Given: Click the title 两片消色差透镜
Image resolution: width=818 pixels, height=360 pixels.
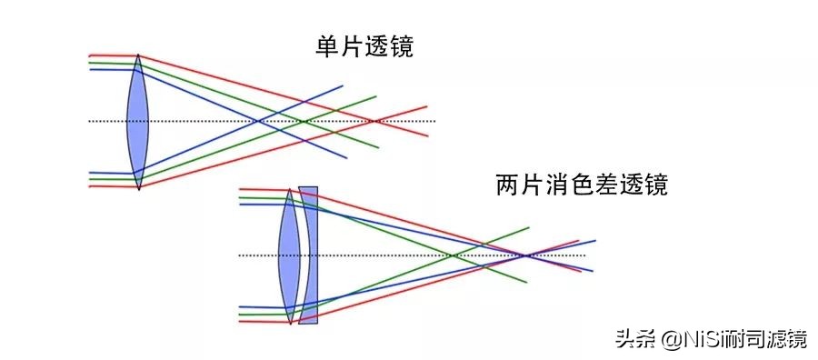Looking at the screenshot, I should point(582,185).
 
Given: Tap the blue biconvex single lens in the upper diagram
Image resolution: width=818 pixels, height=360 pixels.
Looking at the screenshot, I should point(137,122).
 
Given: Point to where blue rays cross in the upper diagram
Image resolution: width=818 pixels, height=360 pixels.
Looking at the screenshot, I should point(258,121).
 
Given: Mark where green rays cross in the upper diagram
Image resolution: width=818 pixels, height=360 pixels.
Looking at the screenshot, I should point(304,121).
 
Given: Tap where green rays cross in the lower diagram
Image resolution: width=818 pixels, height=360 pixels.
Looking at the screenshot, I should point(452,255).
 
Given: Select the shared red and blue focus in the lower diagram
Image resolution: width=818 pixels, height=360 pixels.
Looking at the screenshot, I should point(526,255).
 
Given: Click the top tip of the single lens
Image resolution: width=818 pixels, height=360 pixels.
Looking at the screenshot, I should point(137,55).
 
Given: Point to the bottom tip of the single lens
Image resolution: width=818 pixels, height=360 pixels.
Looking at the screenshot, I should point(137,190).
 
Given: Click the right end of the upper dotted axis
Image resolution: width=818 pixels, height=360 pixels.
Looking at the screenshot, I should point(434,121).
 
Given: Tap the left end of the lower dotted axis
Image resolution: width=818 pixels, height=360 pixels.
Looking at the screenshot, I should point(240,255).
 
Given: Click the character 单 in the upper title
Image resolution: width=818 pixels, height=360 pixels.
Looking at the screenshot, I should point(326,47).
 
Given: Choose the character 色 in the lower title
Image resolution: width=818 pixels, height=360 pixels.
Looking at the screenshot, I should point(582,185).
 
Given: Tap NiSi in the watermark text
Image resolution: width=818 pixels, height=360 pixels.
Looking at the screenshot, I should point(694,339).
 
